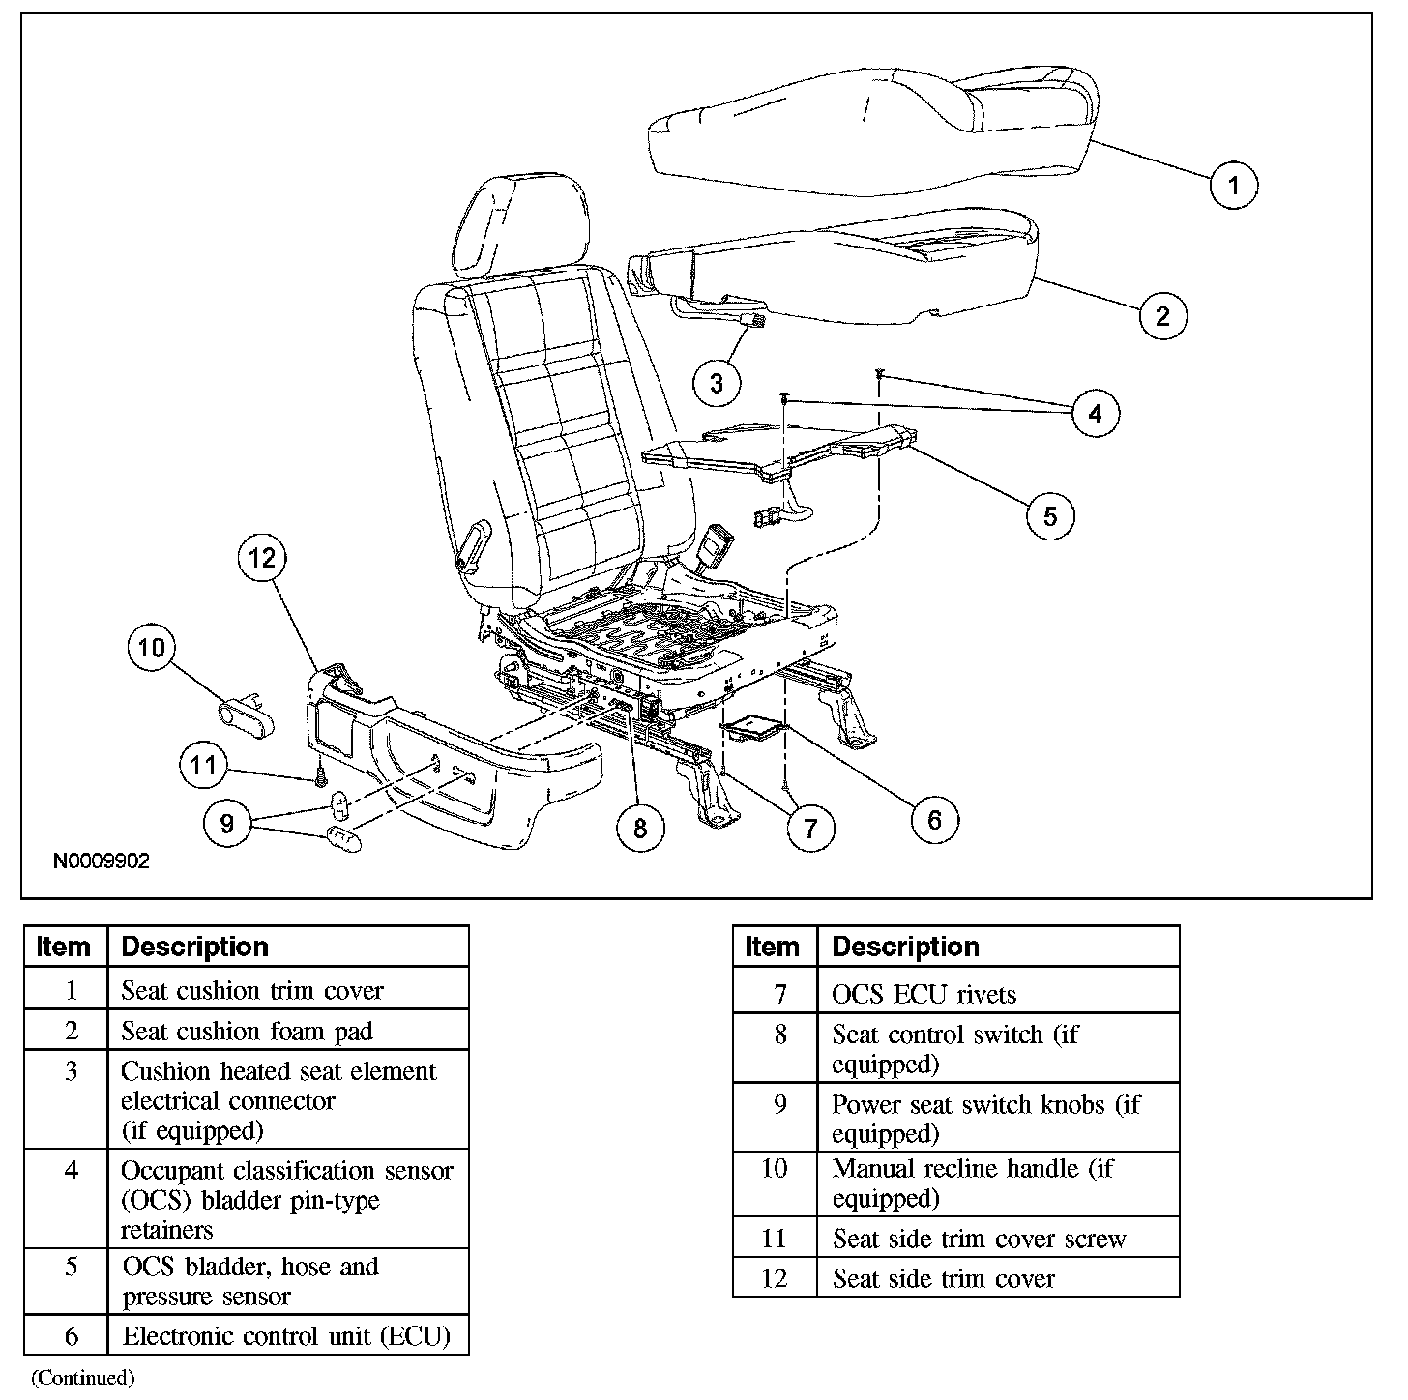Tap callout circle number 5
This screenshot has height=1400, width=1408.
tap(1050, 515)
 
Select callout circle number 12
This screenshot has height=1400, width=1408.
tap(261, 558)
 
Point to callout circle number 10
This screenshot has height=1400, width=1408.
tap(152, 647)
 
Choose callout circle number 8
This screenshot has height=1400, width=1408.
tap(640, 828)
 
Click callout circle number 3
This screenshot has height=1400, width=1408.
tap(717, 383)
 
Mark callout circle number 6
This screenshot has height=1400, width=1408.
tap(933, 819)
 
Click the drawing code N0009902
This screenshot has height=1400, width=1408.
tap(101, 860)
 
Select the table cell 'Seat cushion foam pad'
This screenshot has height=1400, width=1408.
tap(247, 1031)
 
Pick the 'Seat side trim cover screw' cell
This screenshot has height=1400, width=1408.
tap(979, 1239)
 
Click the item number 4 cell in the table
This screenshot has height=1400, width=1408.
tap(71, 1170)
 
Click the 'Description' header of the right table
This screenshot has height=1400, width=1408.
tap(905, 947)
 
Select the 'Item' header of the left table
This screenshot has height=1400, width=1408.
tap(63, 947)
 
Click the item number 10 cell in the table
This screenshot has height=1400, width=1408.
tap(775, 1168)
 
